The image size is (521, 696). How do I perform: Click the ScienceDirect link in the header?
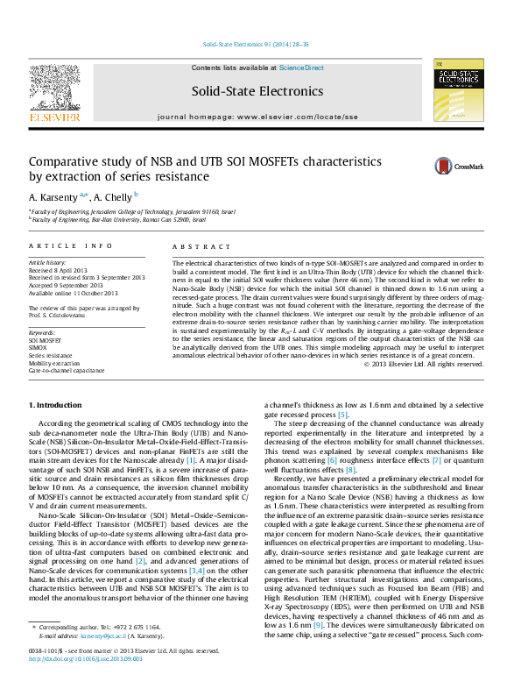click(301, 67)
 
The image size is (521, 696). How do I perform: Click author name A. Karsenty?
click(57, 196)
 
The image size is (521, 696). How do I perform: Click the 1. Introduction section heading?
click(56, 405)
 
